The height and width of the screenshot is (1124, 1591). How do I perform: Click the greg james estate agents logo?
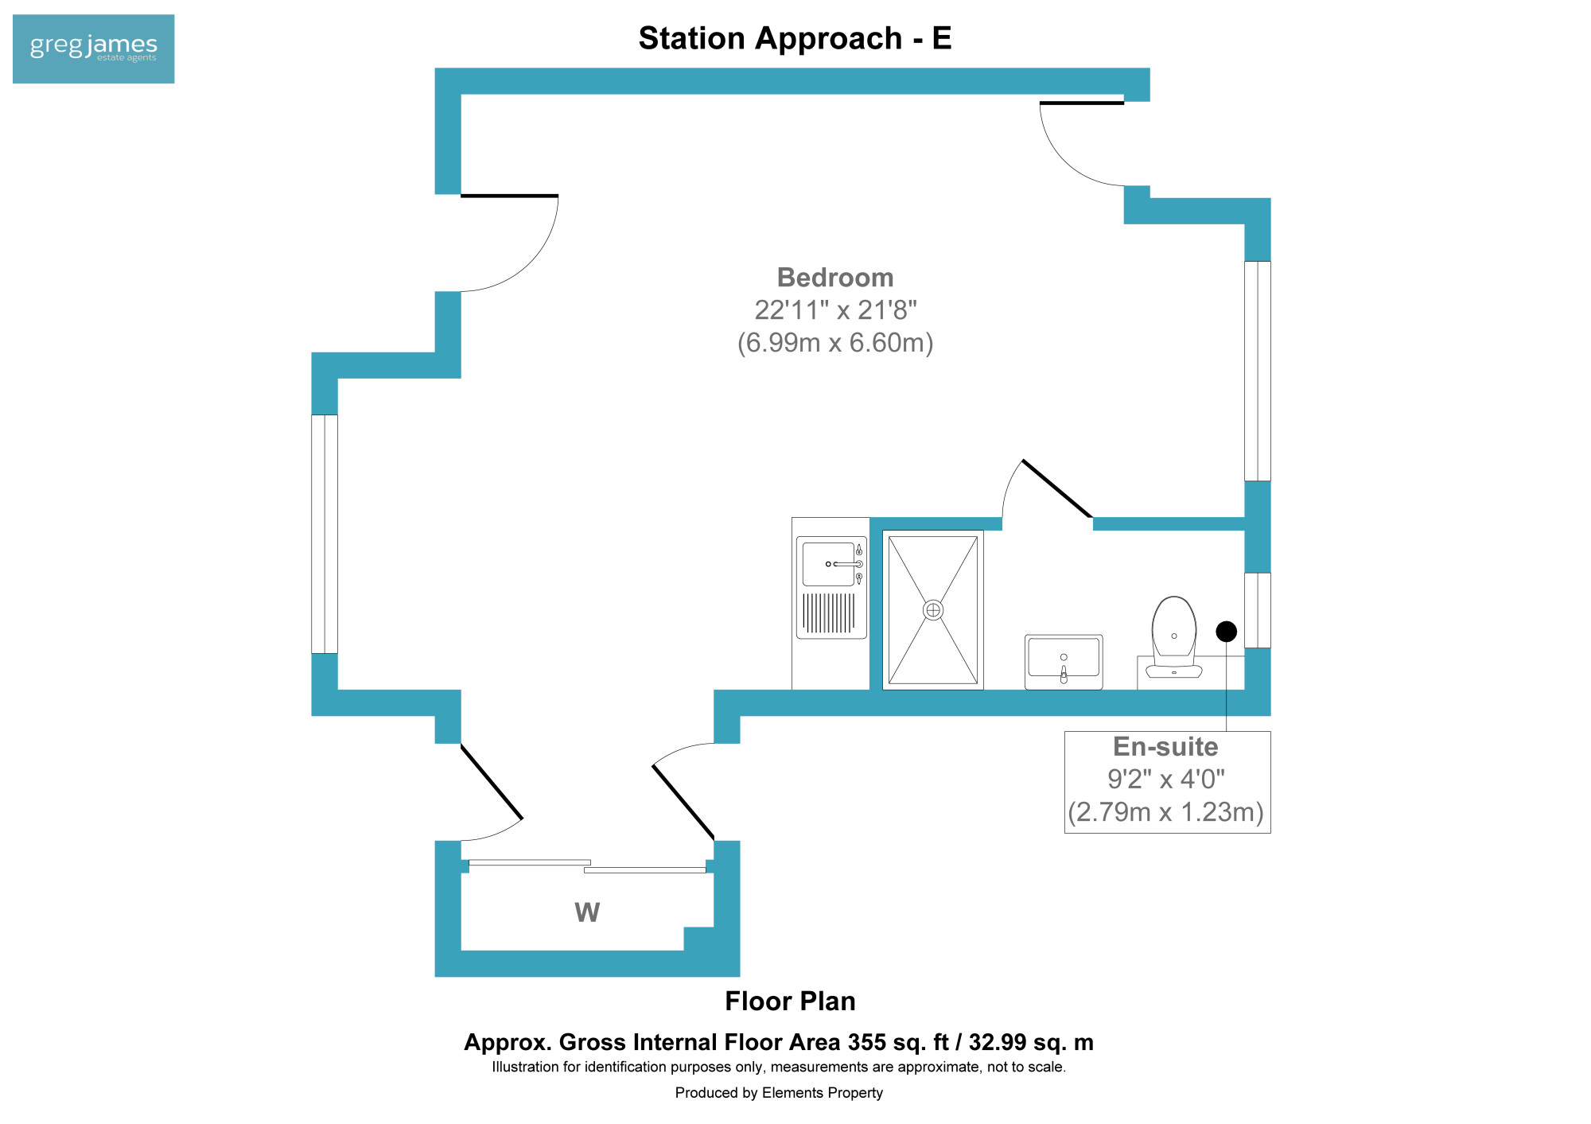coord(94,49)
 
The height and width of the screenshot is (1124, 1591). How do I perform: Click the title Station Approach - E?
coord(795,38)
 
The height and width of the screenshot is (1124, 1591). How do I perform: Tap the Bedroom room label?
coord(835,278)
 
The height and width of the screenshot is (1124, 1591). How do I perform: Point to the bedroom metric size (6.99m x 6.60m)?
coord(835,343)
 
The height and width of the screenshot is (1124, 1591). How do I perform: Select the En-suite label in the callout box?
coord(1165,746)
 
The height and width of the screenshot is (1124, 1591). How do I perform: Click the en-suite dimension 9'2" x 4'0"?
coord(1166,779)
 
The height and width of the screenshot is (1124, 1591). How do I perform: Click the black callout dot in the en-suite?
coord(1227,632)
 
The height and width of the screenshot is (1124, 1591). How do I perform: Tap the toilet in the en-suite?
coord(1174,637)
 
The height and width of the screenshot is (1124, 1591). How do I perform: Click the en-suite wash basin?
coord(1064,662)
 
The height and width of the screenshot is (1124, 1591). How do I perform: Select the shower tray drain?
coord(933,610)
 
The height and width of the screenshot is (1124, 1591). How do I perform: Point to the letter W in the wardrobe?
coord(587,912)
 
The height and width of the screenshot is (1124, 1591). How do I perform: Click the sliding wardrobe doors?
coord(587,866)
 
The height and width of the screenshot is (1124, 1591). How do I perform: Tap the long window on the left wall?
coord(325,534)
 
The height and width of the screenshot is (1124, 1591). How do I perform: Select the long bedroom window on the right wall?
coord(1258,371)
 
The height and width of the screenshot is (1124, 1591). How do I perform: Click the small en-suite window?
coord(1258,610)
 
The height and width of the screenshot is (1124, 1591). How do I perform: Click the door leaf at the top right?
coord(1082,103)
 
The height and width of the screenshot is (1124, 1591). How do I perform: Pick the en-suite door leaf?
coord(1057,488)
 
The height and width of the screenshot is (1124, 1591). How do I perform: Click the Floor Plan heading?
coord(790,1001)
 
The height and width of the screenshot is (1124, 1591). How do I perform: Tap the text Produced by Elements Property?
coord(779,1093)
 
